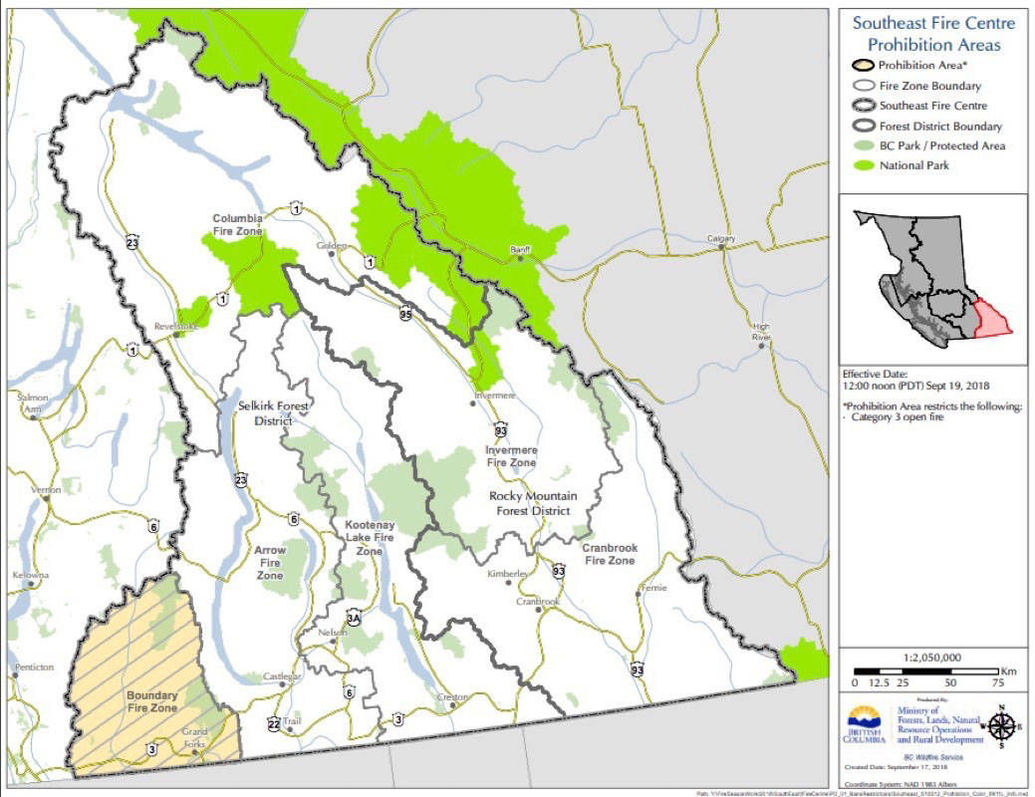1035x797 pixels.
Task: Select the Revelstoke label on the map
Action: point(176,326)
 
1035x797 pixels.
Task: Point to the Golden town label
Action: point(332,245)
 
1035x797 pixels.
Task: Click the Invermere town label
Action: point(495,396)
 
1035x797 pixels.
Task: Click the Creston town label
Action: point(453,696)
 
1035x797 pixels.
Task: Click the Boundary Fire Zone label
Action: point(151,701)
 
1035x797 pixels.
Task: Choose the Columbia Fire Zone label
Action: point(237,224)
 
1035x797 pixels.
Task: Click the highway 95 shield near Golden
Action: point(405,314)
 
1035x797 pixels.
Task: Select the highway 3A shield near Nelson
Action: point(353,617)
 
